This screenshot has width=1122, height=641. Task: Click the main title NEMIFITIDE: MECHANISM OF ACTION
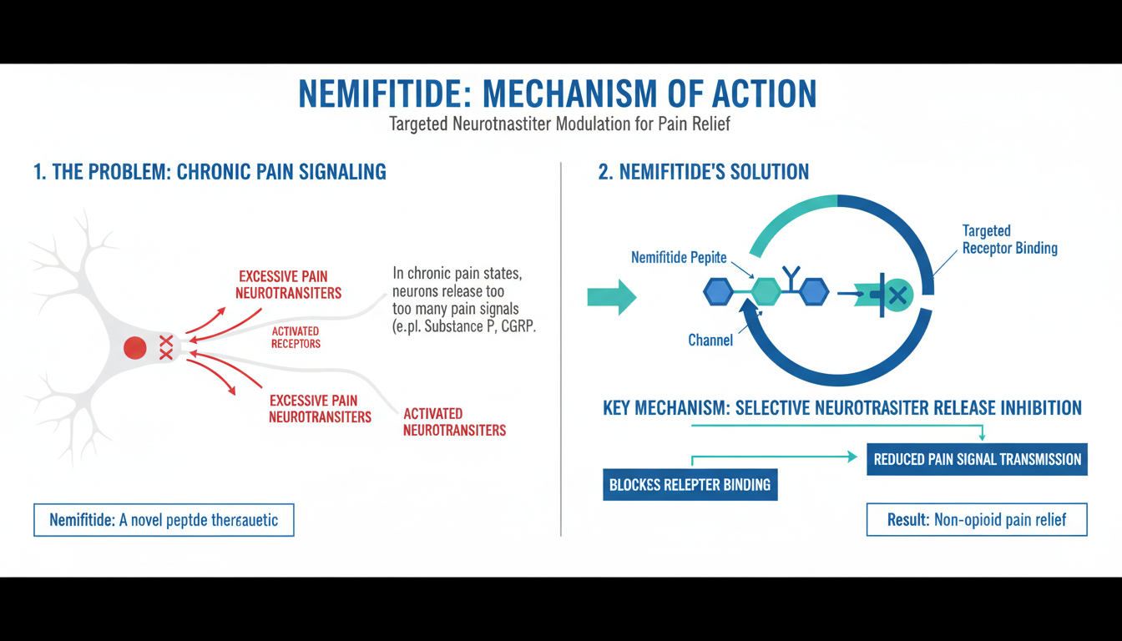pos(557,94)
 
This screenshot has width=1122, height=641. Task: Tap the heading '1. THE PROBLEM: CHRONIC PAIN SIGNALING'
pos(210,173)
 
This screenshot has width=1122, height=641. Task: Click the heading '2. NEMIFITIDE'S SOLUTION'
pos(704,173)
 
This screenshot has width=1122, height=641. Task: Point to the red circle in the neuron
pos(135,348)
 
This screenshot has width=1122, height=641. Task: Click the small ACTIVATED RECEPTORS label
pos(296,337)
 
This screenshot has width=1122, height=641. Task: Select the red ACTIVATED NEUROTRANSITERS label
pos(454,422)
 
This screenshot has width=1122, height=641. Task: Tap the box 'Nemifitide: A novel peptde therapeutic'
pos(164,520)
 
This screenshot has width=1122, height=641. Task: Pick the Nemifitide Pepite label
pos(679,258)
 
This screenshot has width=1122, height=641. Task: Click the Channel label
pos(710,340)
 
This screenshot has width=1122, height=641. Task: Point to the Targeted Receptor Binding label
pos(1009,239)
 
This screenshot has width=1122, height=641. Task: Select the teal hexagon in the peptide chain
pos(766,292)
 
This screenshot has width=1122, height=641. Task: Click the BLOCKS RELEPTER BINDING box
pos(690,484)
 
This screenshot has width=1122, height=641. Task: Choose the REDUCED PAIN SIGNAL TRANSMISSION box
pos(977,459)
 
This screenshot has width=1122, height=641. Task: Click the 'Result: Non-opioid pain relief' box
pos(977,520)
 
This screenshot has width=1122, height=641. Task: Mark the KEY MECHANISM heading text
pos(841,408)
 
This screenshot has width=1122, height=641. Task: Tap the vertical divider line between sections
pos(560,351)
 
